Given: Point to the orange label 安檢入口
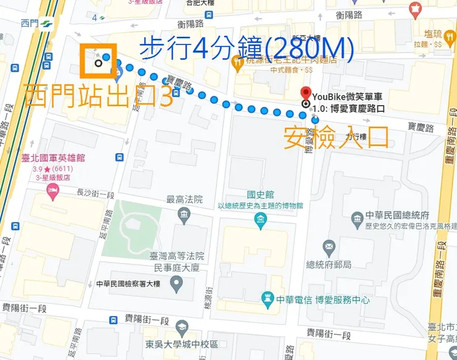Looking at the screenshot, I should pyautogui.click(x=336, y=137).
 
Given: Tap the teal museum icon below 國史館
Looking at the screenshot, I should pyautogui.click(x=261, y=219).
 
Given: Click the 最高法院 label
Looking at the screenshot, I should pyautogui.click(x=184, y=199).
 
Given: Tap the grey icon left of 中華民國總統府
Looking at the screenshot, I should pyautogui.click(x=357, y=219).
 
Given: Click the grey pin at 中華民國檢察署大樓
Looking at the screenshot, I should pyautogui.click(x=177, y=285).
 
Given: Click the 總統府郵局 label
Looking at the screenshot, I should pyautogui.click(x=329, y=264).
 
